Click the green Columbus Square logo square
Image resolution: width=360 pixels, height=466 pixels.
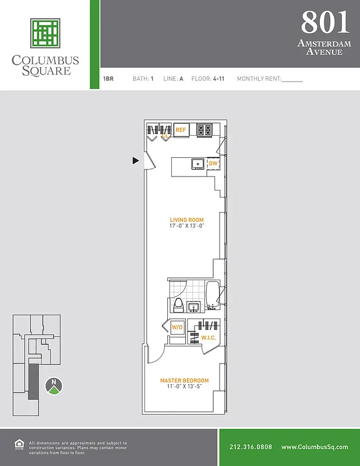click(45, 33)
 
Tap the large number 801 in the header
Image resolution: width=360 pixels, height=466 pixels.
click(326, 22)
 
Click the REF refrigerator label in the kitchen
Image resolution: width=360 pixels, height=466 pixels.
click(181, 130)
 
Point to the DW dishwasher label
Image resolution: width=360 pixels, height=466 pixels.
click(213, 164)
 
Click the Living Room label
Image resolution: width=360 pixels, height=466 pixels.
click(187, 220)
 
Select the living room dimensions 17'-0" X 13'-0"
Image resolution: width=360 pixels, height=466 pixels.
click(187, 226)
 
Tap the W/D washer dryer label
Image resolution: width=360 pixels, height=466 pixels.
click(177, 327)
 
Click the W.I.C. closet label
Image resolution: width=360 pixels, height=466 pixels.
click(209, 338)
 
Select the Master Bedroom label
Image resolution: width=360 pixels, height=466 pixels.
click(185, 380)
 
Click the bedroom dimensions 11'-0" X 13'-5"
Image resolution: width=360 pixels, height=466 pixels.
click(185, 387)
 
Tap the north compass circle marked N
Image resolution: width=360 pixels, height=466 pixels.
click(54, 385)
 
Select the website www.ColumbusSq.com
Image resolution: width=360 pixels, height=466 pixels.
click(315, 447)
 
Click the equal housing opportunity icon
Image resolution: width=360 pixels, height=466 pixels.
click(18, 446)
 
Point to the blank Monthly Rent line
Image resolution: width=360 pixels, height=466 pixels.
click(292, 79)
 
